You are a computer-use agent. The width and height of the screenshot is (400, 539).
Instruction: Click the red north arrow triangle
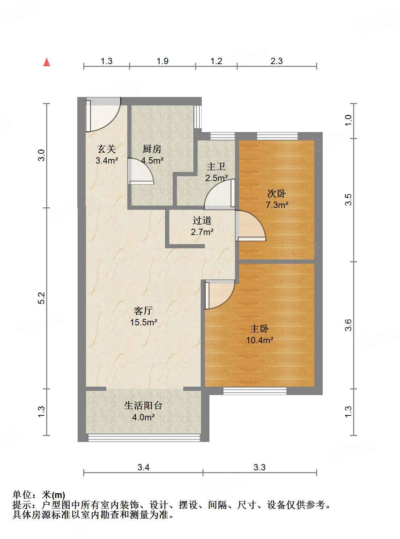(47, 62)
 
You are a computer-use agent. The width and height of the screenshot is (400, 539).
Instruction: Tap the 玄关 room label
(107, 149)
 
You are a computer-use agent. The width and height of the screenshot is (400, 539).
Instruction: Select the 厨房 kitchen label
(152, 149)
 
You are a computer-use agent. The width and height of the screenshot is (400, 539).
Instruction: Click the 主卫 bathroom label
(216, 167)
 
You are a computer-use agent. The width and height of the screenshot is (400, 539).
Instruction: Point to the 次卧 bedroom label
(277, 193)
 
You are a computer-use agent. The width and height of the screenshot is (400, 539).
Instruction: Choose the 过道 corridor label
(202, 220)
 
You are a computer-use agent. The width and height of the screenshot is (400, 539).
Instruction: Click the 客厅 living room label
(143, 311)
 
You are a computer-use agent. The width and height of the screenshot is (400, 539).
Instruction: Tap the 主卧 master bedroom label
(259, 329)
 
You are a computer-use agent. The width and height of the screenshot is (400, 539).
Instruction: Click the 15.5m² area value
(144, 322)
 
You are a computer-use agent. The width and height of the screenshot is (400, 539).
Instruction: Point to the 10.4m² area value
(260, 340)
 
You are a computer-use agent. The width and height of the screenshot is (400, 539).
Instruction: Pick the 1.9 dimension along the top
(162, 61)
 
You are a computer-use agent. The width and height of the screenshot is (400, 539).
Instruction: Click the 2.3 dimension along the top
(277, 61)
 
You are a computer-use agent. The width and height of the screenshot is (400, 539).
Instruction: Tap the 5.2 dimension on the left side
(42, 298)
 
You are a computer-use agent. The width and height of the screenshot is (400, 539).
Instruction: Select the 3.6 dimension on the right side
(348, 325)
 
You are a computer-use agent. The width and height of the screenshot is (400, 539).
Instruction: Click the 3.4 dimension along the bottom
(143, 467)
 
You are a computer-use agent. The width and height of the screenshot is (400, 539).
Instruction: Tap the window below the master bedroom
(255, 391)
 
